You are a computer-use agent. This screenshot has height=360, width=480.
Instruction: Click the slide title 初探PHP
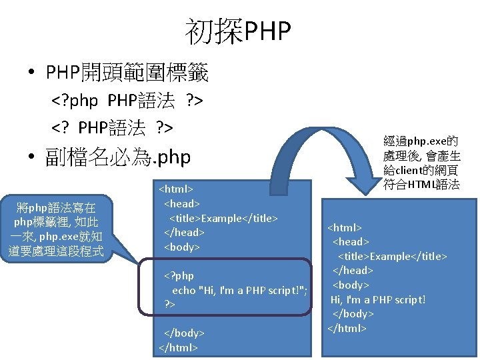click(x=239, y=31)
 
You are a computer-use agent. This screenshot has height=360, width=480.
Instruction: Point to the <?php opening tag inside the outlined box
click(x=179, y=275)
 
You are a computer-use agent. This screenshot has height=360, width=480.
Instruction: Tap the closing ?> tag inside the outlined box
click(x=170, y=304)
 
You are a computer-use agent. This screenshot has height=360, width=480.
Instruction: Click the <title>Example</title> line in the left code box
click(x=223, y=218)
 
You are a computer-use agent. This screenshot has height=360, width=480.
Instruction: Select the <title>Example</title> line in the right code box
click(x=393, y=256)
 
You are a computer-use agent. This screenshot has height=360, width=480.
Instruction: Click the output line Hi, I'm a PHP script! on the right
click(x=378, y=299)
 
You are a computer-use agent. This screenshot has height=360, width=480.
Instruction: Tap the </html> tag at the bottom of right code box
click(x=347, y=327)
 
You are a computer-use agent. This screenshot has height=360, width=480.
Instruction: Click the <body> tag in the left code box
click(x=181, y=247)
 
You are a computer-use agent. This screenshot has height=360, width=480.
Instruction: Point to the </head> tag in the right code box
click(x=352, y=270)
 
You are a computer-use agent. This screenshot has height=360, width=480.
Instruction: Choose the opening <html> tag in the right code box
click(x=345, y=227)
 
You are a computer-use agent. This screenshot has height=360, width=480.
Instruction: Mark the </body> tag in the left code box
click(x=184, y=333)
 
